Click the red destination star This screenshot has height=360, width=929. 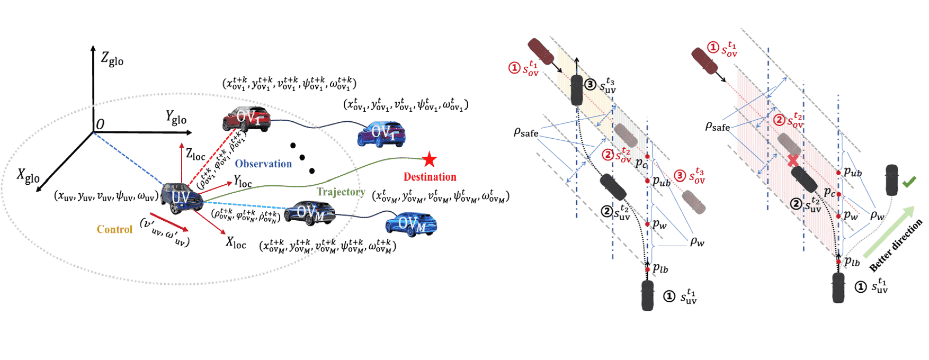(x=429, y=159)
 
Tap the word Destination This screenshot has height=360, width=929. (x=430, y=177)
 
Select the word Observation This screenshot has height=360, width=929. (x=263, y=164)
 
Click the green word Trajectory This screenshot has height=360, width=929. (x=341, y=192)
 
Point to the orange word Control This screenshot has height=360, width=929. (x=114, y=229)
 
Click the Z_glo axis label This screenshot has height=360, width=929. (x=112, y=58)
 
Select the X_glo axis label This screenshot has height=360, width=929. (x=28, y=176)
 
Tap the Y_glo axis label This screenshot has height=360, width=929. (x=176, y=117)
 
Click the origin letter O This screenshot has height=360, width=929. (x=100, y=124)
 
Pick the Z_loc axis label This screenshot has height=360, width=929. (x=195, y=155)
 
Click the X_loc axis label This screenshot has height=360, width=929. (x=236, y=243)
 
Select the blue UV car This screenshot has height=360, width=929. (x=181, y=197)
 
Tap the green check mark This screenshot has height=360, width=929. (x=909, y=182)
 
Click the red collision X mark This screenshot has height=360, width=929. (x=793, y=160)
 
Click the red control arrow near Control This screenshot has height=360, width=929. (x=169, y=222)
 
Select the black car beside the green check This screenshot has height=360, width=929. (x=892, y=180)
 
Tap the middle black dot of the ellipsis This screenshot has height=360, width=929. (x=302, y=157)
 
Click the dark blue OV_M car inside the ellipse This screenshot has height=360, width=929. (x=309, y=212)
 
